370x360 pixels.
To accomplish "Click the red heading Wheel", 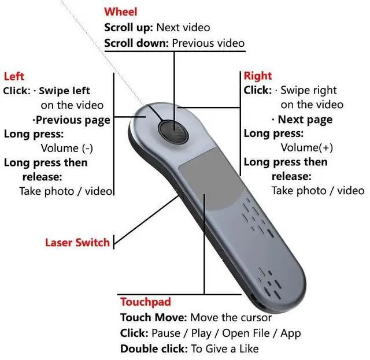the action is coord(121,12).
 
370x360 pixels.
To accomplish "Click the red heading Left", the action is coord(14,76).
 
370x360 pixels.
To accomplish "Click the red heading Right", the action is coord(257,76).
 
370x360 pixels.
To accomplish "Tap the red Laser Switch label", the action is coord(77,242).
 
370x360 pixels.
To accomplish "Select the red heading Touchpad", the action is coord(145,302).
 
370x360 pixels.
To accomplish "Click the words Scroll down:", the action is coord(136,43).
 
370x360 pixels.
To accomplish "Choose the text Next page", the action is coord(305,120).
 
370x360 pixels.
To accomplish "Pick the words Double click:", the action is coord(153,348).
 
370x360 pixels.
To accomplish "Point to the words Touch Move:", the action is coord(153,317).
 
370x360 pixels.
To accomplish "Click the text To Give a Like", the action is coord(224,348).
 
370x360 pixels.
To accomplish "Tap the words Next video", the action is coord(183,27).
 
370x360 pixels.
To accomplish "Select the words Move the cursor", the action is coord(231,317).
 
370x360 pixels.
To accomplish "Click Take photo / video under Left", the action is coord(66,191).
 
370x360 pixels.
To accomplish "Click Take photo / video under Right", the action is coord(318,191).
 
